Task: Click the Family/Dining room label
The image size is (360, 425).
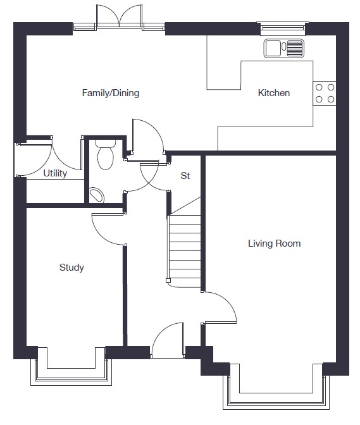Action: coord(111,93)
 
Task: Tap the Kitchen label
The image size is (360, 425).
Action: coord(274,93)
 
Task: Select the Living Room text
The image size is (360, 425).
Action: coord(275,243)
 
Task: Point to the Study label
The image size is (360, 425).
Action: coord(71,268)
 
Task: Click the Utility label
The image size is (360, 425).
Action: coord(55,173)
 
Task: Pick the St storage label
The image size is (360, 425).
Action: coord(185,176)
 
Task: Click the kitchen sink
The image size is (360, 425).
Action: coord(284,49)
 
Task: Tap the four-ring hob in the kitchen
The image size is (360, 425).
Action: coord(325,93)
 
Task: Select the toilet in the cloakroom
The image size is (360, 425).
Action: coord(105,154)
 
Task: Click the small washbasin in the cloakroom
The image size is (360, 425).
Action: coord(97,195)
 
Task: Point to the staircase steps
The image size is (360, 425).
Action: coord(185,251)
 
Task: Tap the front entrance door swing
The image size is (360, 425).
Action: coord(168,340)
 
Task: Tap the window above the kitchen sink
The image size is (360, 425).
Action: coord(283,27)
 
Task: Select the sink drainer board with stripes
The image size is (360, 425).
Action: coord(295,49)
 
